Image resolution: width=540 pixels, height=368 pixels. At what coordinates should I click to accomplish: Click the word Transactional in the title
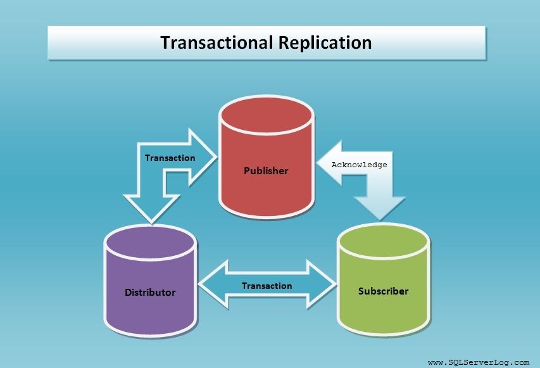point(217,42)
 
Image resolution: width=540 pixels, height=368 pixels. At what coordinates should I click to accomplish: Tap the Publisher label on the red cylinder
point(266,170)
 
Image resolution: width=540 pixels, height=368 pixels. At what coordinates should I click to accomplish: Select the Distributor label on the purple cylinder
point(150,292)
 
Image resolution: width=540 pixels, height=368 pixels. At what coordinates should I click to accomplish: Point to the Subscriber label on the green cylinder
point(383,291)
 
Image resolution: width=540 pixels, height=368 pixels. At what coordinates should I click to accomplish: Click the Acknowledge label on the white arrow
point(359,165)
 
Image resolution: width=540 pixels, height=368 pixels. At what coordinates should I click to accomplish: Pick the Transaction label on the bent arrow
point(170,158)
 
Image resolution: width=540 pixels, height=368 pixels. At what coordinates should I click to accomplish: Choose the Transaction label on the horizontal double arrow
point(267,286)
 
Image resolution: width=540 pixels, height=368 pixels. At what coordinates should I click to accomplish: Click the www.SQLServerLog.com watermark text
point(479,362)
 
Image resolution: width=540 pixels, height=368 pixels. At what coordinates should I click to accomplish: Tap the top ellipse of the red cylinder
point(267,115)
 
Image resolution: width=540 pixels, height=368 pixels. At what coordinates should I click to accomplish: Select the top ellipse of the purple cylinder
point(150,241)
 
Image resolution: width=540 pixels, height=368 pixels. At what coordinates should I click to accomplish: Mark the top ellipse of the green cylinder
point(383,240)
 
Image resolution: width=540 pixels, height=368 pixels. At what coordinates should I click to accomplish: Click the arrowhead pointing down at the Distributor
point(151,208)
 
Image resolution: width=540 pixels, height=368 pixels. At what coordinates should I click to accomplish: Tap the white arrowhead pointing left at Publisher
point(330,163)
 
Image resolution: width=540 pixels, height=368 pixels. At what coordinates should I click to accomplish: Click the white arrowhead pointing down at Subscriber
point(379,208)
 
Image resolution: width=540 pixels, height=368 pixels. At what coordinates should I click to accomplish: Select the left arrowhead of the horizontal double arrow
point(213,284)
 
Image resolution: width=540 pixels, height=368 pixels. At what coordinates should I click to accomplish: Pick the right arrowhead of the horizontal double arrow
point(321,284)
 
